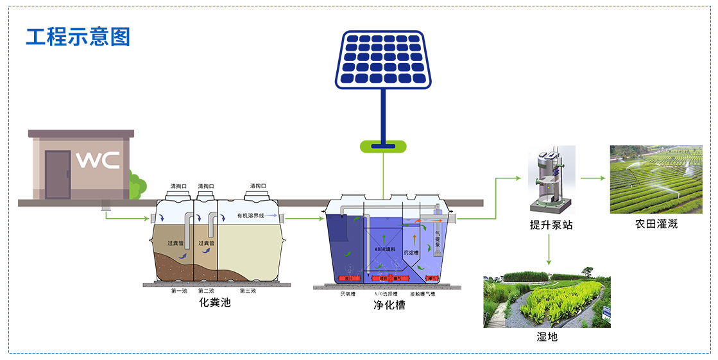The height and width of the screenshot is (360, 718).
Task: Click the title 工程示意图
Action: pyautogui.click(x=78, y=37)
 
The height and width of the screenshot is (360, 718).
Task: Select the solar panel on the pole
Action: pyautogui.click(x=382, y=59)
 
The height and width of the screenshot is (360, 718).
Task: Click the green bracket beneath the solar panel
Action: pyautogui.click(x=383, y=147)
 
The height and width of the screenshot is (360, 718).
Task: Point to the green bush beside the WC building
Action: pyautogui.click(x=135, y=185)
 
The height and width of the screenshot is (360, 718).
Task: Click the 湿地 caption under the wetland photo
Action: pyautogui.click(x=547, y=336)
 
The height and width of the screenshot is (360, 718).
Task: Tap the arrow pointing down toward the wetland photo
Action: pyautogui.click(x=549, y=250)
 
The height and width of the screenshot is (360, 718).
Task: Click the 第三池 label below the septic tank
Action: pyautogui.click(x=248, y=291)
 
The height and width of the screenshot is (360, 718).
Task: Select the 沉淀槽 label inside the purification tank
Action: pyautogui.click(x=411, y=252)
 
